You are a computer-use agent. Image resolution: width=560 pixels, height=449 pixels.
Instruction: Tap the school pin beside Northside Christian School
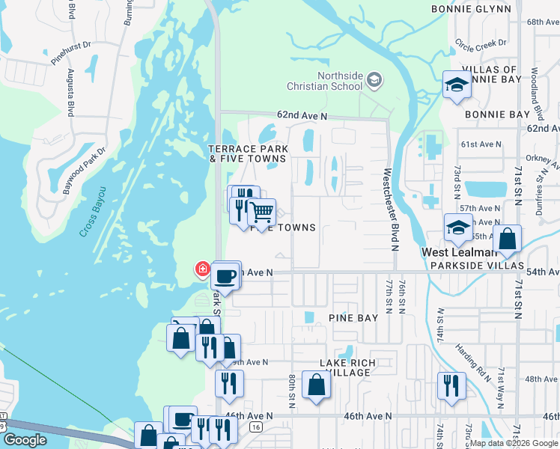(376, 79)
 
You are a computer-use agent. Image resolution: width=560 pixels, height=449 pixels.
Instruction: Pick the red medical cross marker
(202, 269)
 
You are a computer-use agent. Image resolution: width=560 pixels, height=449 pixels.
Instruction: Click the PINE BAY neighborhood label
(353, 318)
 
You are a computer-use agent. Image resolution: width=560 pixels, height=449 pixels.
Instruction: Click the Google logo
(25, 440)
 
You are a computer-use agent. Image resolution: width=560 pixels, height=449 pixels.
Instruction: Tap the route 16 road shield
(256, 427)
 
